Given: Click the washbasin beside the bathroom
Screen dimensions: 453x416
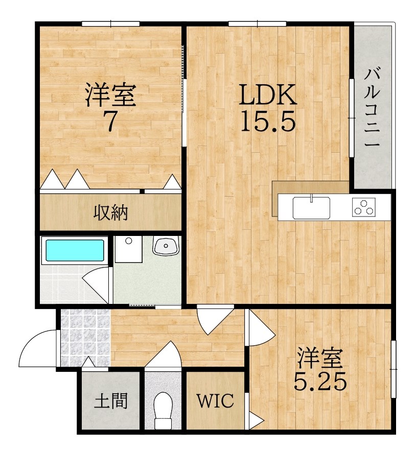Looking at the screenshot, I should coord(166,246).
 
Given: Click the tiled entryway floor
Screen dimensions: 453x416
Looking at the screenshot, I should coord(85,337).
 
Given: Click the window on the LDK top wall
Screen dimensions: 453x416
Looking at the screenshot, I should coord(257,23).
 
